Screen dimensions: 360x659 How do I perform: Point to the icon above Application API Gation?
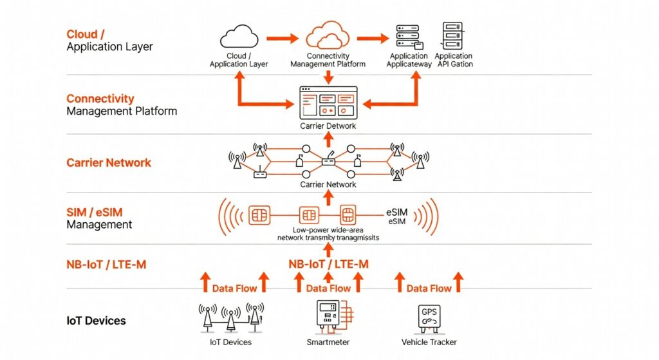453,35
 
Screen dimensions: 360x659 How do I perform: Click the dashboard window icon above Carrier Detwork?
328,103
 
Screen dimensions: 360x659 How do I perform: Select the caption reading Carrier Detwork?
328,126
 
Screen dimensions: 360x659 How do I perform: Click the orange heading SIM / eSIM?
95,213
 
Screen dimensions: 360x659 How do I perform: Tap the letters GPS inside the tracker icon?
428,312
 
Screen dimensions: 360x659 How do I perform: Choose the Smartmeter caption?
328,342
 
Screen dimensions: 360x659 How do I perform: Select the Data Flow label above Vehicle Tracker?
429,289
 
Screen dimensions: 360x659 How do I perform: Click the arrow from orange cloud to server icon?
373,38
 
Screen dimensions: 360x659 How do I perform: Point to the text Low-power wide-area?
328,230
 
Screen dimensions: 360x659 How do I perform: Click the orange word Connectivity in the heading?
100,99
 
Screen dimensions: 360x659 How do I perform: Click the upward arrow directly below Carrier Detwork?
328,140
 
